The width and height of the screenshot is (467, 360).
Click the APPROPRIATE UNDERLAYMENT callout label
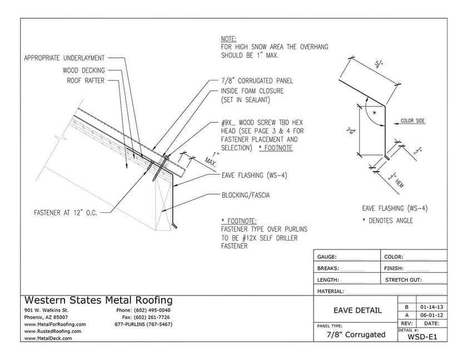pos(65,57)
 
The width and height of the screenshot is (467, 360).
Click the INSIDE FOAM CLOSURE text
pos(252,91)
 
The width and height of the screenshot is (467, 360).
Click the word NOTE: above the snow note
pos(228,39)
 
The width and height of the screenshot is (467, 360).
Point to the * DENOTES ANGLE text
pos(387,221)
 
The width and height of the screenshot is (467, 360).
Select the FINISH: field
pos(395,268)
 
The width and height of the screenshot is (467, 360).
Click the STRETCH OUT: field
pos(404,280)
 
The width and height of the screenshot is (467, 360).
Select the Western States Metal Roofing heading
pos(98,301)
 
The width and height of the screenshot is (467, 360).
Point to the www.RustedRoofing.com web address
pos(53,331)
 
